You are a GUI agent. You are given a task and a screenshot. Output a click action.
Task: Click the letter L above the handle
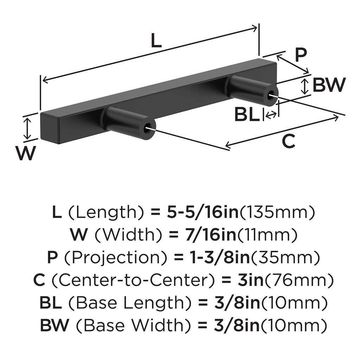[x=156, y=41]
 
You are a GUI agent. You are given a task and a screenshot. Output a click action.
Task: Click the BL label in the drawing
[x=246, y=115]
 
